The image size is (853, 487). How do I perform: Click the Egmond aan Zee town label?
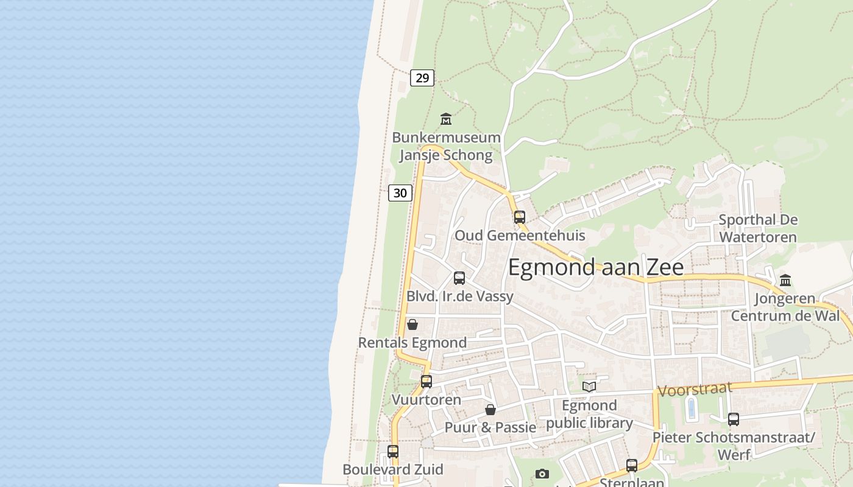[x=595, y=267]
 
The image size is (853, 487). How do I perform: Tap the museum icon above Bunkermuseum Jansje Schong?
[x=446, y=119]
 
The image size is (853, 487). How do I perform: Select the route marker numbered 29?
[x=422, y=77]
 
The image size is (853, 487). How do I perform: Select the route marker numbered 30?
[x=400, y=193]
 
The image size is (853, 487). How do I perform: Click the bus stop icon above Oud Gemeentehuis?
[x=519, y=217]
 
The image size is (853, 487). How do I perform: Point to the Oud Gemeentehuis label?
[x=520, y=236]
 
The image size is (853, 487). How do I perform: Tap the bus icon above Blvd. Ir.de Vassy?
[x=459, y=278]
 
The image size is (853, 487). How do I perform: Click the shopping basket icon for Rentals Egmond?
[x=412, y=324]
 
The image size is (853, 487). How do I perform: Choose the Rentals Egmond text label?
[x=412, y=343]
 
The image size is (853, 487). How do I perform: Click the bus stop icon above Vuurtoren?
[x=426, y=382]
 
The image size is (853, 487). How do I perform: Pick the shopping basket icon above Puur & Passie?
[x=490, y=410]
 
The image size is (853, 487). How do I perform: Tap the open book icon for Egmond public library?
[x=589, y=387]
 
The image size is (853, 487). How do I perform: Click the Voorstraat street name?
[x=694, y=390]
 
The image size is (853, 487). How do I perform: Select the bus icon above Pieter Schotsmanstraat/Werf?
[x=733, y=419]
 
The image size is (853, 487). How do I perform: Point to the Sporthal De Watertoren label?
[x=758, y=228]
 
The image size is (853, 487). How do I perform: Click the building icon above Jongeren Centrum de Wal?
[x=785, y=281]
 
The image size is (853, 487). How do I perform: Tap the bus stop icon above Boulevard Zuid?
[x=393, y=452]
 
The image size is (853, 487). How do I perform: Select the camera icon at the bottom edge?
[x=542, y=474]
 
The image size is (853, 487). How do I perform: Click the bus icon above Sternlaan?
[x=632, y=466]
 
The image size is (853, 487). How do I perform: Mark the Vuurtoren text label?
[x=426, y=400]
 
